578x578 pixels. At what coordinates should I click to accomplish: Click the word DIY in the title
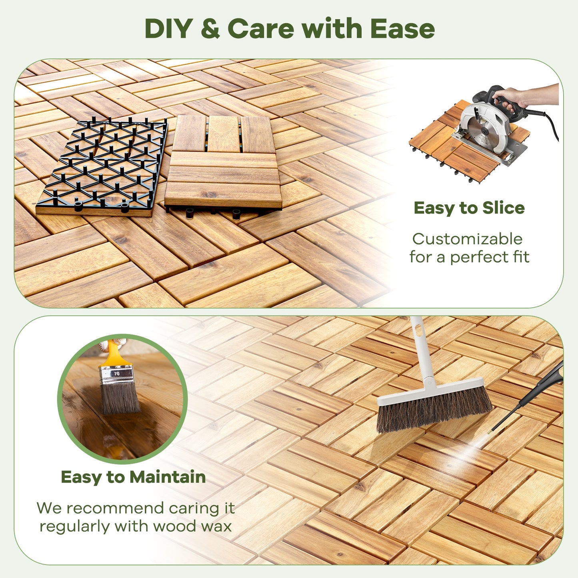(x=168, y=29)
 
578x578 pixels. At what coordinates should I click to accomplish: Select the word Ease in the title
(x=402, y=29)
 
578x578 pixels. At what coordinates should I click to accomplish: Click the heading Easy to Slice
(x=469, y=208)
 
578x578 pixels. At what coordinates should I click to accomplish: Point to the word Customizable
(x=467, y=239)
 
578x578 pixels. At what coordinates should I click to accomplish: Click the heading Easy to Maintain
(x=133, y=477)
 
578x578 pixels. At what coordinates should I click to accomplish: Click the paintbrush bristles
(x=120, y=398)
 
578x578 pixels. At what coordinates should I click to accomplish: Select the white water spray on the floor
(x=472, y=450)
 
